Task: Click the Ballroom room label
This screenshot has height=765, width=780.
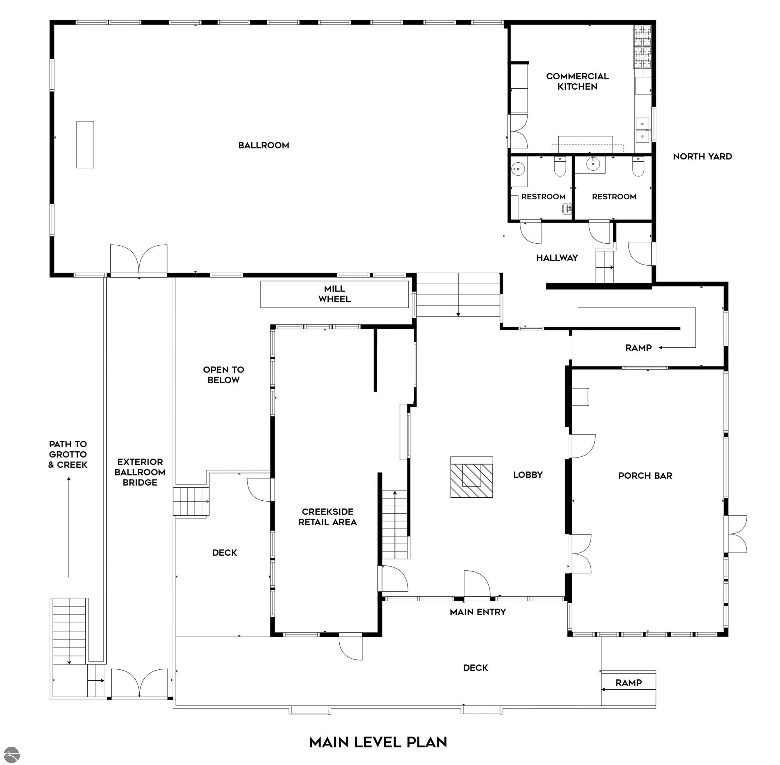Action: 264,145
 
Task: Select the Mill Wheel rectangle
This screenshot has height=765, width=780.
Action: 335,294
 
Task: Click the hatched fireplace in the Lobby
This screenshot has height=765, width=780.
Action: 472,480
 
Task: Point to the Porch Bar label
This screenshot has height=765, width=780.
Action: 645,476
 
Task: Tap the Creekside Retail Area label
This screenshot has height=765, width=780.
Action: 328,517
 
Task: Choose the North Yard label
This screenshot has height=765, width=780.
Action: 703,157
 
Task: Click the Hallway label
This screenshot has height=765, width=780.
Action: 557,258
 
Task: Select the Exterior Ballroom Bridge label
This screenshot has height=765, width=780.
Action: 140,472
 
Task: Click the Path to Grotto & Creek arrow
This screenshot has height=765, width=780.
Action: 69,527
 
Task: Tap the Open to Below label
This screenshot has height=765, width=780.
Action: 224,375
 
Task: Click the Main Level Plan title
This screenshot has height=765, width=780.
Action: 378,742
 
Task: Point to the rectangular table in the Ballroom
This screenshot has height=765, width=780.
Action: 85,145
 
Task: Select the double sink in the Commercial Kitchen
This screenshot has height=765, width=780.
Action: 642,130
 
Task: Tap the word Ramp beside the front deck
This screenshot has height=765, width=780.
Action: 628,683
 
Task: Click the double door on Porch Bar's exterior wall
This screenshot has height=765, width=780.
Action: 736,534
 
